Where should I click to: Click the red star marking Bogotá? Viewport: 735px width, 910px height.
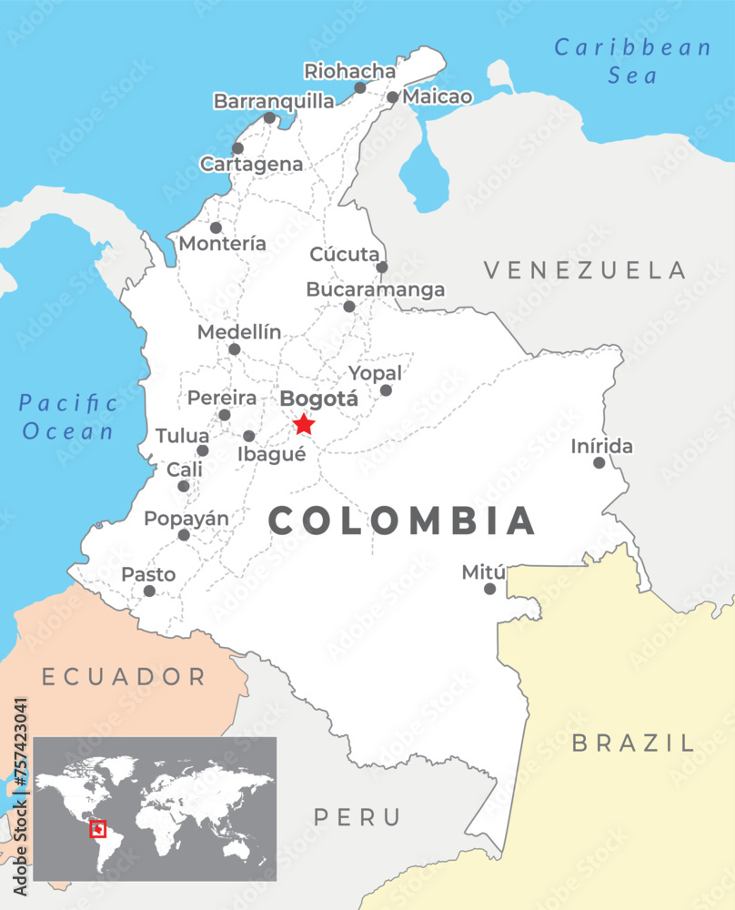tap(304, 424)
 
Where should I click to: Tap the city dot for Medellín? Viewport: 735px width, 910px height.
tap(234, 349)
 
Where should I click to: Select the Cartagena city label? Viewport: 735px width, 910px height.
tap(252, 165)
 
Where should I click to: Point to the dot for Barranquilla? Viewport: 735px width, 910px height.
tap(269, 118)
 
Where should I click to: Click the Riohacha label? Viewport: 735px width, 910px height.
tap(350, 71)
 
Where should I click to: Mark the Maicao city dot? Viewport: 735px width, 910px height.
tap(392, 97)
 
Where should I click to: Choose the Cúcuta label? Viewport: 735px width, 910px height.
tap(344, 255)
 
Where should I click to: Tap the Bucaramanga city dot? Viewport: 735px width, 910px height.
tap(349, 307)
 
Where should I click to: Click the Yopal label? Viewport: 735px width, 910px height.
tap(376, 373)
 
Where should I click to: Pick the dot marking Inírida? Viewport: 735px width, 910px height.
tap(599, 463)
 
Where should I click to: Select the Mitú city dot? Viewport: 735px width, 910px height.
tap(489, 589)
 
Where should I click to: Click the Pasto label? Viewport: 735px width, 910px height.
tap(148, 575)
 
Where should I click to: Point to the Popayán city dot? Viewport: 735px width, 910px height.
tap(184, 535)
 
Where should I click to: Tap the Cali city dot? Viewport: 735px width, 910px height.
tap(184, 486)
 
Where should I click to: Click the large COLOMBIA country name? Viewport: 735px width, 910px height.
tap(402, 521)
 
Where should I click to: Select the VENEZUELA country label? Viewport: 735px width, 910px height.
tap(584, 269)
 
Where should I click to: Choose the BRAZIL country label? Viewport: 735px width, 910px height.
tap(632, 743)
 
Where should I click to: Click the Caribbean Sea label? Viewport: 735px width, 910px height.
tap(632, 61)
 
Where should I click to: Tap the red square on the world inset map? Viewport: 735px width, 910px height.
tap(98, 829)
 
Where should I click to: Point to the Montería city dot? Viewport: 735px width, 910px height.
tap(216, 227)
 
